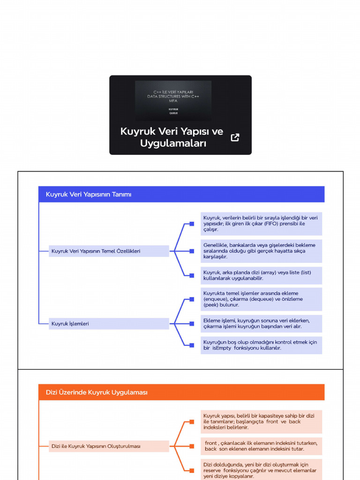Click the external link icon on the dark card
coord(235,137)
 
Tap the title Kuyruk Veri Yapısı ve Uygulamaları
coord(172,137)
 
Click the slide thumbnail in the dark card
coord(173,101)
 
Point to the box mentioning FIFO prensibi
coord(261,224)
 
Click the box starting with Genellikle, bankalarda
coord(261,251)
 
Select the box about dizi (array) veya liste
coord(261,275)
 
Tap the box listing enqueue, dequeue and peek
coord(261,299)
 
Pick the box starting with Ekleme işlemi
coord(261,323)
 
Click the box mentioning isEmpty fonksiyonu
coord(261,345)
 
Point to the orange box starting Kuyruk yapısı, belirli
coord(261,421)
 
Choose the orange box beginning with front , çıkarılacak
coord(261,446)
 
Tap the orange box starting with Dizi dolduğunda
coord(261,470)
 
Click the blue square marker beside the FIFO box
coord(192,224)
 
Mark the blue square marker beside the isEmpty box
coord(192,345)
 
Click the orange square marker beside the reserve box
coord(192,470)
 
